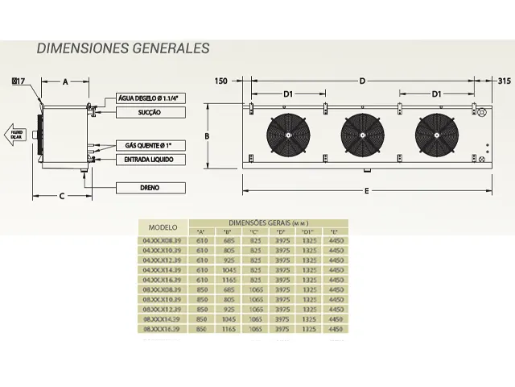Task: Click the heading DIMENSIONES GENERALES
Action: [123, 48]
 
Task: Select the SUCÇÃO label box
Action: [145, 113]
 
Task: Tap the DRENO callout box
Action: [145, 188]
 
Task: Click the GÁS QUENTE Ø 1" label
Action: [145, 144]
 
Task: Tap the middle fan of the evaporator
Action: [362, 133]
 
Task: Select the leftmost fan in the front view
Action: [288, 133]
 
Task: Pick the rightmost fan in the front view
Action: [437, 133]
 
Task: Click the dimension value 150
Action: [223, 81]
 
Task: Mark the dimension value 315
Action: [505, 81]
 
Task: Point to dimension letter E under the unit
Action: [366, 191]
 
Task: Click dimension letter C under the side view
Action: [61, 195]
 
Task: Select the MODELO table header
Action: [163, 227]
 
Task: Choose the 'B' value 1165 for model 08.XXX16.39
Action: [229, 329]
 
